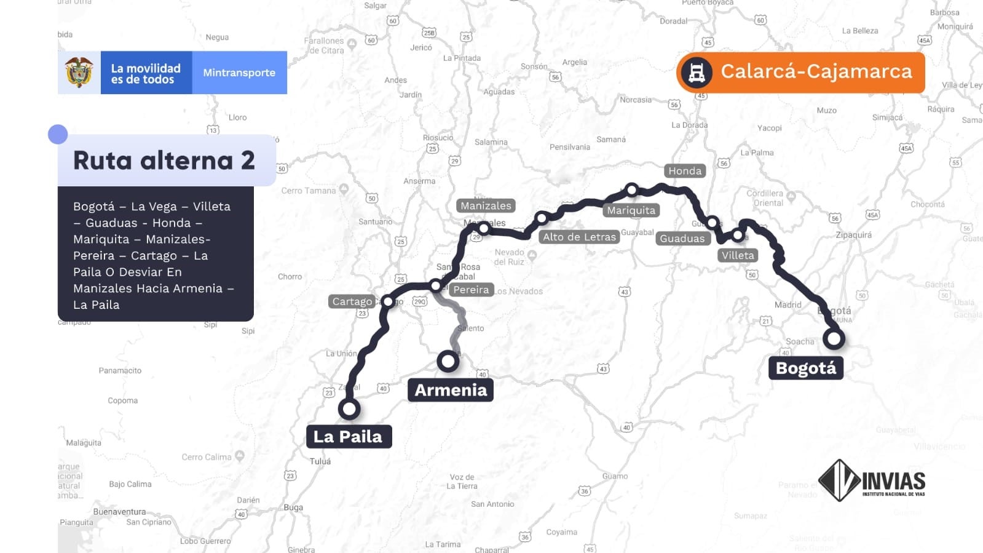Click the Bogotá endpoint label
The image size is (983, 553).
(805, 368)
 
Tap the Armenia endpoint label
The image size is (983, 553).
(450, 389)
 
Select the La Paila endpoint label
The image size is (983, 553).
(348, 436)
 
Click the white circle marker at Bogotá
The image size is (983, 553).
(834, 338)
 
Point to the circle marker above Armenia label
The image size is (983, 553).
(448, 360)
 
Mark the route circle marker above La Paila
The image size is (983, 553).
(349, 408)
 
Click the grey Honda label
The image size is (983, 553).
(684, 171)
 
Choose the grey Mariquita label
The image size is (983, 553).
(631, 210)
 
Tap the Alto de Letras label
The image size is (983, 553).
(578, 237)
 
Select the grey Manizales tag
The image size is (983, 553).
(486, 206)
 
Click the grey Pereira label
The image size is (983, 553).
(471, 290)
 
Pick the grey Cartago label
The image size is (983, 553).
(352, 301)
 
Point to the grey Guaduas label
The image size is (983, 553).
(682, 239)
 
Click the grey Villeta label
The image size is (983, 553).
(738, 255)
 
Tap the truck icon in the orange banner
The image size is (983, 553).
(697, 73)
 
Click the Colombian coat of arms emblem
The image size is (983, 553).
(79, 73)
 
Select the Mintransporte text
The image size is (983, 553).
(239, 73)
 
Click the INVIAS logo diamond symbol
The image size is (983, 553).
(839, 480)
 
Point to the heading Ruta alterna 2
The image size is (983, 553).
(164, 161)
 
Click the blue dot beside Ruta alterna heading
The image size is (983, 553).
(58, 134)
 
